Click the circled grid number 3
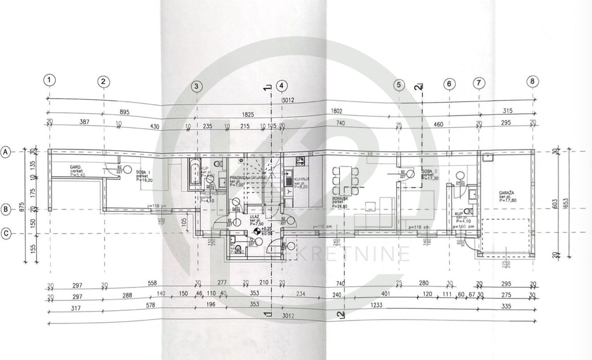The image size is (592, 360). click(197, 86)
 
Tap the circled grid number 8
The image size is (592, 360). click(532, 81)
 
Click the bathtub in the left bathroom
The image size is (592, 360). click(194, 173)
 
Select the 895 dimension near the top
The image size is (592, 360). click(125, 112)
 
